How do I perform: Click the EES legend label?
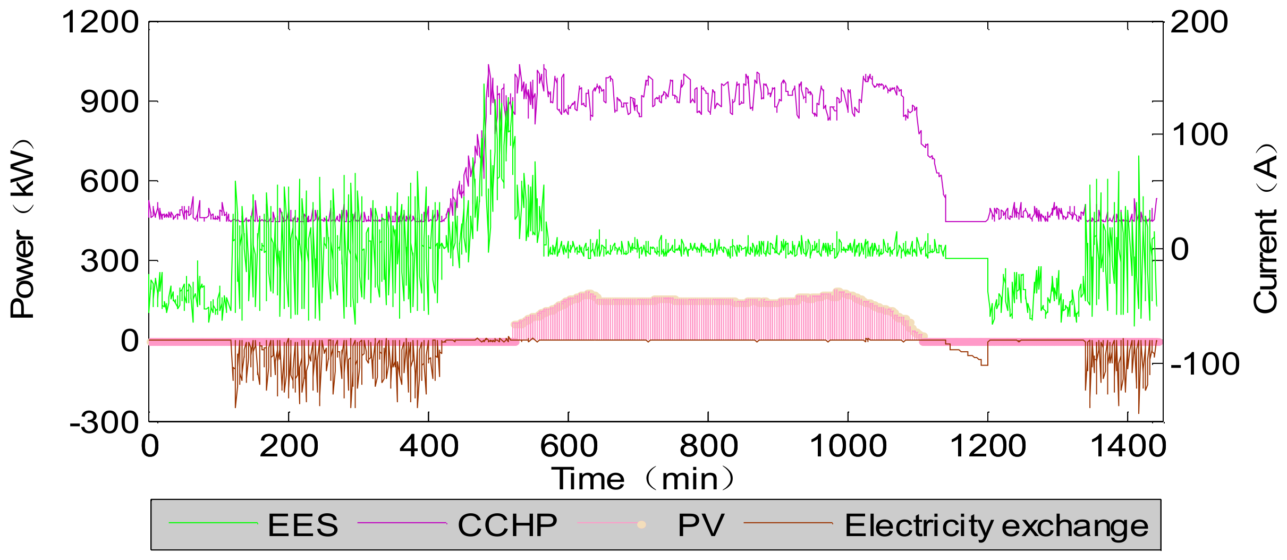302,525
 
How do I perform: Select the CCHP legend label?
507,525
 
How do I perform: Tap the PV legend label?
700,525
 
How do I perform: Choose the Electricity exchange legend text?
996,526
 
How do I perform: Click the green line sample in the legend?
213,523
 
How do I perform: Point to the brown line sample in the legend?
788,523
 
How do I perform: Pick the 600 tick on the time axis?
569,445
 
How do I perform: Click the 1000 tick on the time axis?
848,445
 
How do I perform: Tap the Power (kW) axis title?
22,228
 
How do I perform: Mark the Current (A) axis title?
1265,228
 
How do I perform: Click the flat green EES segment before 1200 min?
967,259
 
